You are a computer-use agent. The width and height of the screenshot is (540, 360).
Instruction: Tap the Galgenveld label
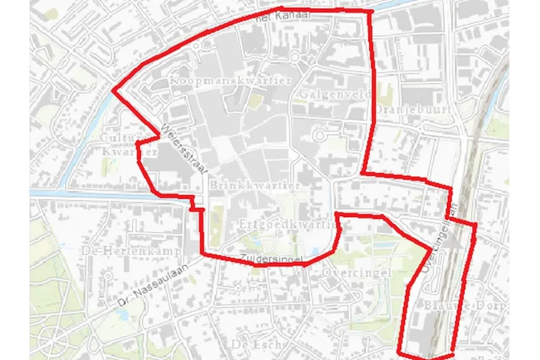point(335,95)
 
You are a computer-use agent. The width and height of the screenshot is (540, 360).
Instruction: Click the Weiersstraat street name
point(184,149)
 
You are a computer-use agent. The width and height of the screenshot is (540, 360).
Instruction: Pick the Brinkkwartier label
point(256,185)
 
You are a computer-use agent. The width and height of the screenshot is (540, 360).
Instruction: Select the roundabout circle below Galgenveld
point(320,136)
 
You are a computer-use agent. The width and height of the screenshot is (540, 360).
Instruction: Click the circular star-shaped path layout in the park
point(50,339)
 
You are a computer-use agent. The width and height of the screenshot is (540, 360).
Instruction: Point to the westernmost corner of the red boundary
point(113,91)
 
